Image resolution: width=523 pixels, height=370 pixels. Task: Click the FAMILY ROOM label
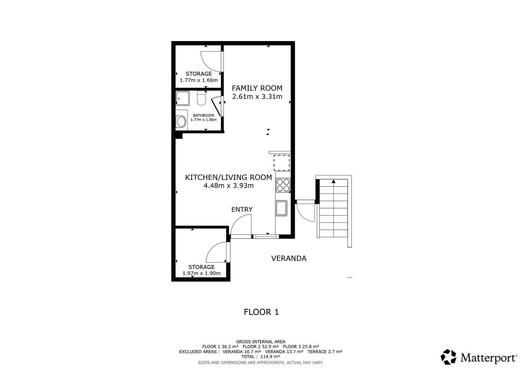click(x=257, y=88)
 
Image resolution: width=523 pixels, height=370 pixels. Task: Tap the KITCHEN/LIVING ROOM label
click(x=228, y=177)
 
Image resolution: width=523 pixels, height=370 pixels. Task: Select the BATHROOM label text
click(x=203, y=115)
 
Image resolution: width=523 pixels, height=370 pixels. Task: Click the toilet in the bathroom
click(x=202, y=98)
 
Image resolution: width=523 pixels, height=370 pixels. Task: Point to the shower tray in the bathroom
click(x=183, y=98)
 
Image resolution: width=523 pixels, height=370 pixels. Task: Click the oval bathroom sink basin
click(x=181, y=122)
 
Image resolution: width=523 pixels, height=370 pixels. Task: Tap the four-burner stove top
click(x=283, y=185)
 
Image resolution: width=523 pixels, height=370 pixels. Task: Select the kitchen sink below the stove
click(x=281, y=208)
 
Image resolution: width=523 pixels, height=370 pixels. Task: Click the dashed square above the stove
click(x=282, y=163)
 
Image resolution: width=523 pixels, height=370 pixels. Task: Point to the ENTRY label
click(x=242, y=210)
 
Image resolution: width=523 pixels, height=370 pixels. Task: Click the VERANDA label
click(x=289, y=258)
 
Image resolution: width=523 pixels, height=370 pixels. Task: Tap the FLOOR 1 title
click(x=261, y=312)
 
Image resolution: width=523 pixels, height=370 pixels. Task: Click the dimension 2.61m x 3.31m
click(x=257, y=97)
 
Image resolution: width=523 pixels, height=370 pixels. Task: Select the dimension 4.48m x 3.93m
click(x=228, y=186)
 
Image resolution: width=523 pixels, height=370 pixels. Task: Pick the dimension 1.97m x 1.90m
click(x=202, y=273)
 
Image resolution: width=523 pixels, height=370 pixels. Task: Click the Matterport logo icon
click(x=448, y=357)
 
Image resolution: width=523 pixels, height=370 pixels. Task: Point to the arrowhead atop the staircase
click(x=334, y=181)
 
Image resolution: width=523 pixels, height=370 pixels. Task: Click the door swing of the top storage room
click(x=211, y=62)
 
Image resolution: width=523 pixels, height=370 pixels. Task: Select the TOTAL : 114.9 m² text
click(x=261, y=357)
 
